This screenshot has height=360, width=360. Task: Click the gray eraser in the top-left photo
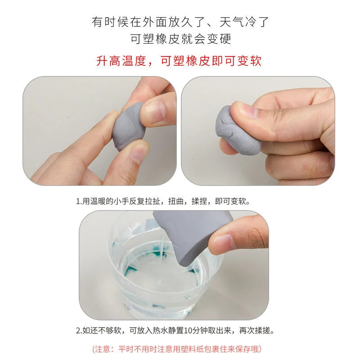coord(128,127)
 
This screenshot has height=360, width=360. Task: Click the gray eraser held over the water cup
coord(193,237)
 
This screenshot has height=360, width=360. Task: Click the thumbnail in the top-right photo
coord(247,110)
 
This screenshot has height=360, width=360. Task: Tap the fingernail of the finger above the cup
coord(221,243)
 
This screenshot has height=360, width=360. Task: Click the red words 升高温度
coord(121,61)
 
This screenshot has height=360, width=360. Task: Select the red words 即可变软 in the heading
coord(237,61)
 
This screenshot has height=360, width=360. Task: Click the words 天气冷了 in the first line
coord(244,22)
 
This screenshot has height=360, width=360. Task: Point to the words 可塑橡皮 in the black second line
coord(155,39)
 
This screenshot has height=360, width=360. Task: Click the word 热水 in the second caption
coord(160,331)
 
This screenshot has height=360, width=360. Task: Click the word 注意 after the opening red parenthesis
coord(103,349)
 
